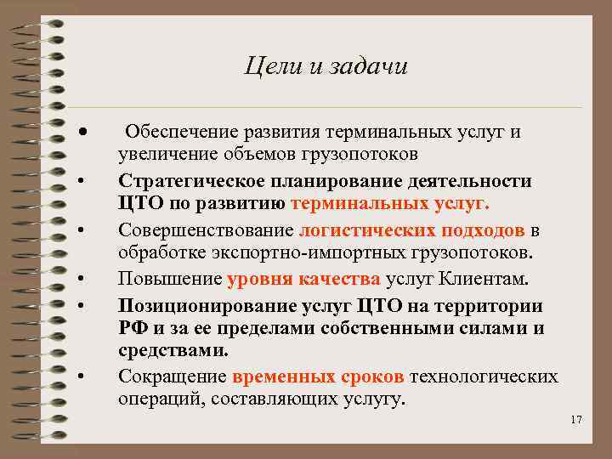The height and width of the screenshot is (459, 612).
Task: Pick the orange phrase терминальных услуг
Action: [x=390, y=204]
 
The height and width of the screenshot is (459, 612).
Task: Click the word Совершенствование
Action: [x=206, y=230]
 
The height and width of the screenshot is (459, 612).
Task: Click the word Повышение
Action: [x=170, y=279]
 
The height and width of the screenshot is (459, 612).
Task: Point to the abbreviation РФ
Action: [x=132, y=328]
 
